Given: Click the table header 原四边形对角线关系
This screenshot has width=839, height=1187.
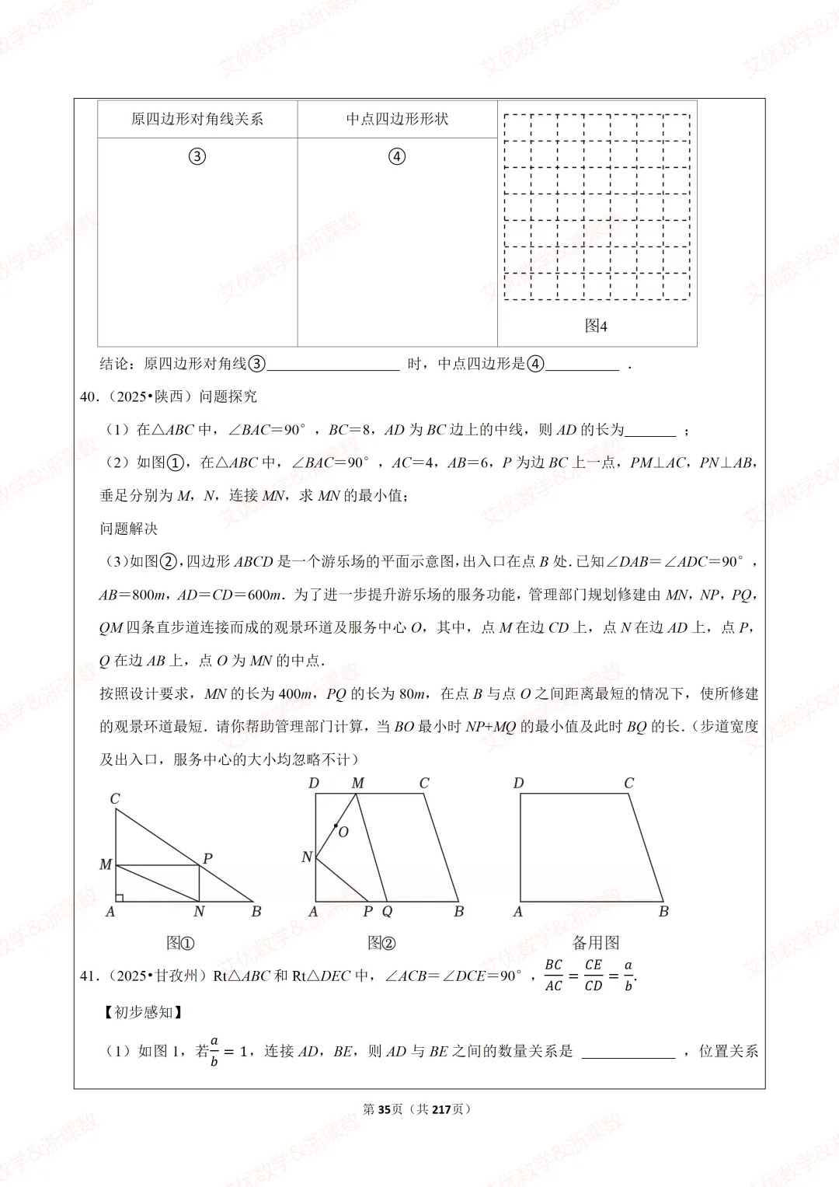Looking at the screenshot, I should (197, 119).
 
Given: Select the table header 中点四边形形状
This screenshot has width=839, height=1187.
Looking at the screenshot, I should (397, 119).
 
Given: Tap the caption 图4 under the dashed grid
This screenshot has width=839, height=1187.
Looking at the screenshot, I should (596, 326).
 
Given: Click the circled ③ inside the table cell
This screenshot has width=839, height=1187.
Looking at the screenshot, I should (197, 156).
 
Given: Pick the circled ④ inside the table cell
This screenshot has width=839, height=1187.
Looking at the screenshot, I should (397, 156).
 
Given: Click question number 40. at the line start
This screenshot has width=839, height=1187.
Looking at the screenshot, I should (90, 396).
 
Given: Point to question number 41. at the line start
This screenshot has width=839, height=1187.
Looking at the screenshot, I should (90, 976).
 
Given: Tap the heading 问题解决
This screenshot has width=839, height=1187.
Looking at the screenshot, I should (129, 529).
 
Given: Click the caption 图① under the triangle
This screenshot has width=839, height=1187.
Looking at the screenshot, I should (180, 943).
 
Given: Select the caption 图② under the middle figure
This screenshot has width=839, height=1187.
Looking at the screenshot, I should (381, 943).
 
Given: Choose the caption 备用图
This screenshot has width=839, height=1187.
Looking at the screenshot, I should (596, 943).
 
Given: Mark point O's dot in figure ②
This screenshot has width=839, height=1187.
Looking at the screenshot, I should (336, 826).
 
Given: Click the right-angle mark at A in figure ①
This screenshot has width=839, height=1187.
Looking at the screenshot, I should (120, 897).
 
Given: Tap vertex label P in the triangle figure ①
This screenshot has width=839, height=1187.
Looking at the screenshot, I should (207, 859).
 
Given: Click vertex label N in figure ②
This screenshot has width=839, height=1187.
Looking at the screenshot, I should (307, 857).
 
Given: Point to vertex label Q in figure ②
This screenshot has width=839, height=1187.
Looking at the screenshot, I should (387, 912).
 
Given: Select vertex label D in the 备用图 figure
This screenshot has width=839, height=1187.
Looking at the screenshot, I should (518, 783).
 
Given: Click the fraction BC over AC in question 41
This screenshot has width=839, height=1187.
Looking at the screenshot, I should (553, 975).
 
